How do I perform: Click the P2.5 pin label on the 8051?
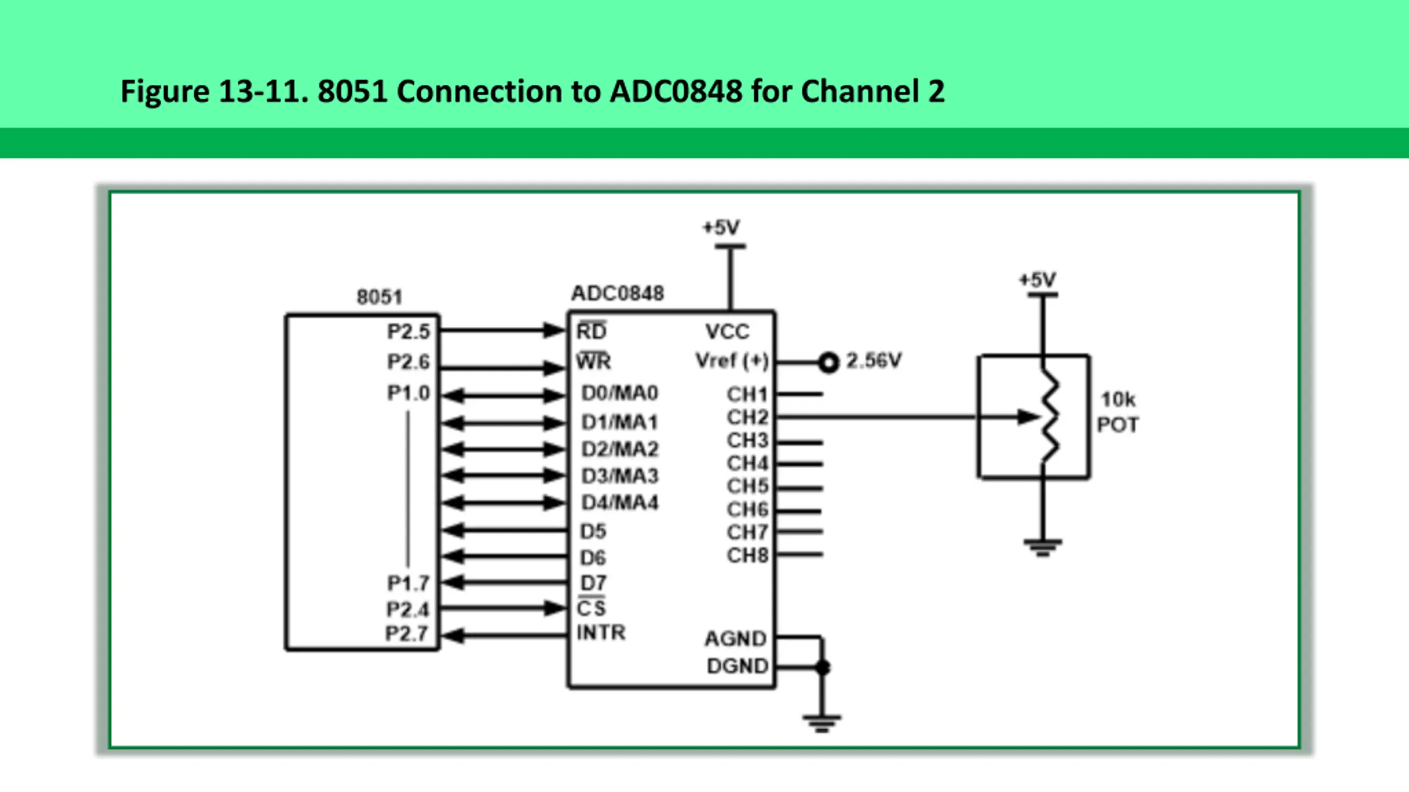click(408, 332)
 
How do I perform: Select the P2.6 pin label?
click(408, 362)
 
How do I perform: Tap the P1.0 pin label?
click(408, 393)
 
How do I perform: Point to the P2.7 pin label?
click(407, 634)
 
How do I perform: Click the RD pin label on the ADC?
click(591, 331)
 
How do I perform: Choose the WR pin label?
click(593, 361)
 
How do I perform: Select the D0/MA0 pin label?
click(620, 393)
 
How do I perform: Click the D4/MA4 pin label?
click(620, 503)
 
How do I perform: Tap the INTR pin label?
click(600, 632)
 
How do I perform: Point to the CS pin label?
click(591, 608)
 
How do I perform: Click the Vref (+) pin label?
click(731, 361)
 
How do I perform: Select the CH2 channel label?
click(747, 417)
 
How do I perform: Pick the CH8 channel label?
click(747, 555)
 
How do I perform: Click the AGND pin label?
click(735, 639)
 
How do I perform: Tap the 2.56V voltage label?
click(873, 361)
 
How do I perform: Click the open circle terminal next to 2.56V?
click(828, 362)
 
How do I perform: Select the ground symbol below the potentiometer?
click(1042, 547)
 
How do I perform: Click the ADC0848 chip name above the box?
click(618, 293)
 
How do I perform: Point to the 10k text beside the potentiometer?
click(1117, 399)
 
